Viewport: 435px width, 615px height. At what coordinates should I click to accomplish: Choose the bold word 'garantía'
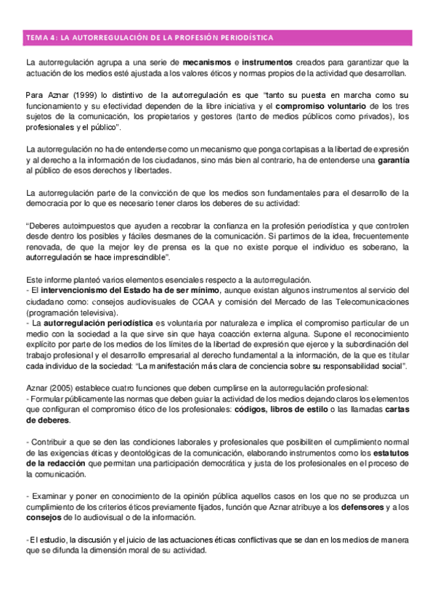tap(394, 160)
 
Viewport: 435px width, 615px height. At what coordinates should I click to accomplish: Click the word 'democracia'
tap(47, 203)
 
